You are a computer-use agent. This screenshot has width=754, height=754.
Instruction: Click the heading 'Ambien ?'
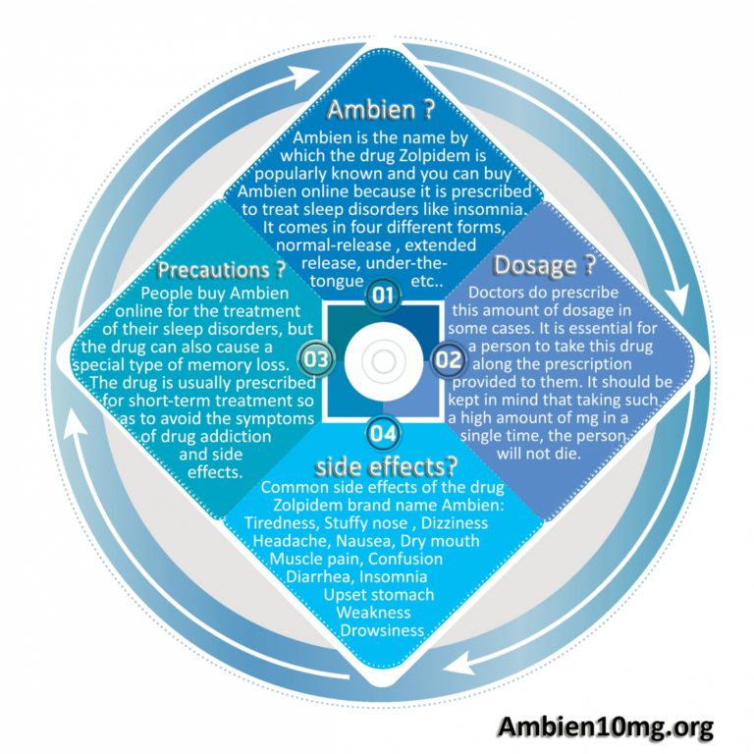(380, 110)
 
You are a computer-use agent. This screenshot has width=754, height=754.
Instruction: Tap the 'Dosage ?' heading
(545, 265)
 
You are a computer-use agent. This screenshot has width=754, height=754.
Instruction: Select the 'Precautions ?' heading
(222, 270)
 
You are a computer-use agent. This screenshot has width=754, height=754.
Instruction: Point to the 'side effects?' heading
(386, 466)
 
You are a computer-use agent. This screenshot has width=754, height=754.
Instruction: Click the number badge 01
(383, 295)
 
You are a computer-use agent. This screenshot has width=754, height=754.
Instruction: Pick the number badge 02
(448, 359)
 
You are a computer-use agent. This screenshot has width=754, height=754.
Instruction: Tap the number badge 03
(316, 359)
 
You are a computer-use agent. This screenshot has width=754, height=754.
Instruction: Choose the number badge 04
(383, 433)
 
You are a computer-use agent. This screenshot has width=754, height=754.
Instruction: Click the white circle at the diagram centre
(384, 362)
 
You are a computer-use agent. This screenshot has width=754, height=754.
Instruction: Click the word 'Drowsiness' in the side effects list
(382, 630)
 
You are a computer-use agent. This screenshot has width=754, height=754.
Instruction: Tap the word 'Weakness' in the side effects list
(374, 613)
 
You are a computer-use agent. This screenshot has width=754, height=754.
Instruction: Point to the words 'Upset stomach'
(379, 595)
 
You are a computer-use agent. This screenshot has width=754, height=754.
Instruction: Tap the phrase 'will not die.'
(539, 454)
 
